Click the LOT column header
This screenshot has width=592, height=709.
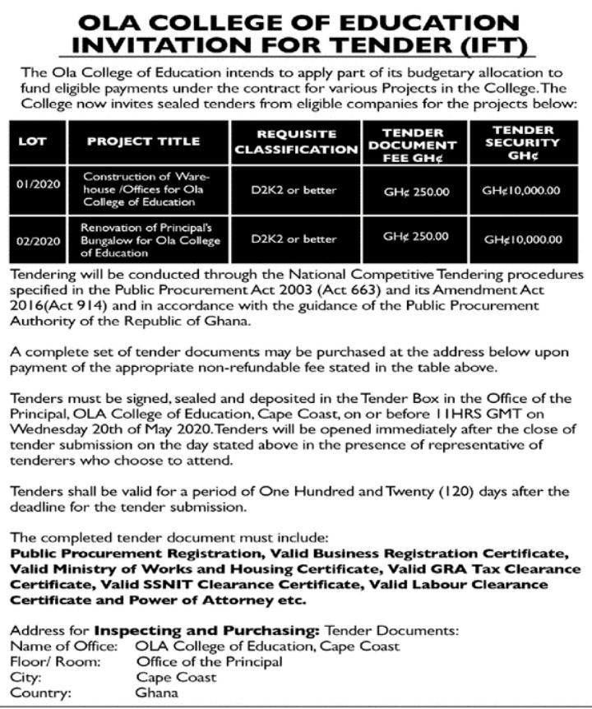click(x=34, y=141)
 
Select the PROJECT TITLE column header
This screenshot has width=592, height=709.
click(x=144, y=141)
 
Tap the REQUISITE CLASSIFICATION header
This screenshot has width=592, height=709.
click(x=296, y=141)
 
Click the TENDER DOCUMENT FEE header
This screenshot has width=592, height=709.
click(x=413, y=141)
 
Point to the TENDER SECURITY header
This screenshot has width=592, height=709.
click(x=522, y=141)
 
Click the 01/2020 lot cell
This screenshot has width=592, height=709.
click(x=38, y=184)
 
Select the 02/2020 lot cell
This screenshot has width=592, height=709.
click(x=38, y=239)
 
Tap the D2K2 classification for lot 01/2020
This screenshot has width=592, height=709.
click(x=294, y=190)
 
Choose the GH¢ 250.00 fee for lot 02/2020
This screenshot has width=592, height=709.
click(x=417, y=237)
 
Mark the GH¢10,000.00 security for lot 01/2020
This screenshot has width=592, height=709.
click(x=522, y=190)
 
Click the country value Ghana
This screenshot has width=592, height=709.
click(x=156, y=693)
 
